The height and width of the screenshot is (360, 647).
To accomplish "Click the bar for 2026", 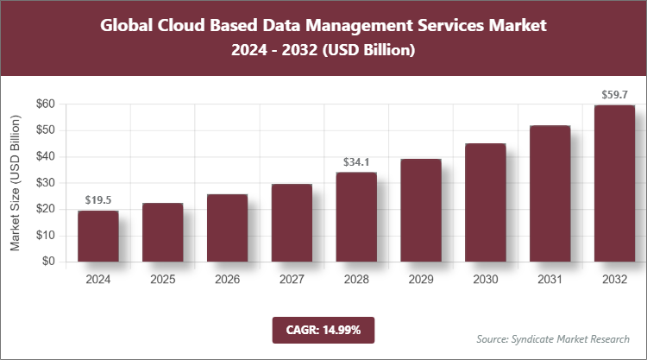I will [x=227, y=228].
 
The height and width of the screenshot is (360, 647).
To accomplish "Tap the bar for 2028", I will [x=356, y=217].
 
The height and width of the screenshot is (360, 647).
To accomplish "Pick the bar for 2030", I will [x=485, y=202].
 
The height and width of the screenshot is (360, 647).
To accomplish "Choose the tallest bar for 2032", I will [x=614, y=183].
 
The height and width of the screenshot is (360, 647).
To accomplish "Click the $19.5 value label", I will [x=97, y=200].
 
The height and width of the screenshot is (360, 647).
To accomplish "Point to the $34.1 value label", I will [x=356, y=161].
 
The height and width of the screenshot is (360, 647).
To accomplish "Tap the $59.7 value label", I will [x=614, y=94].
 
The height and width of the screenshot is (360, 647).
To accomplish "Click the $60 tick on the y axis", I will [x=45, y=104].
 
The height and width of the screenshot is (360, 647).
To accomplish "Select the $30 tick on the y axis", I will [x=45, y=183].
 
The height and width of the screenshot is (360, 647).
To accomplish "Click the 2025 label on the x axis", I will [x=162, y=280].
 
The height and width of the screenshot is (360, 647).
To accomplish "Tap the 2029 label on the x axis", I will [x=420, y=280].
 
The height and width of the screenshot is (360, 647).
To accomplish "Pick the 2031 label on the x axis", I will [x=550, y=280].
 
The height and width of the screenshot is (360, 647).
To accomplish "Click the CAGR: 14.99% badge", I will [x=323, y=330].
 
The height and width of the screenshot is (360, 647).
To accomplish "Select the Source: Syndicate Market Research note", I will [x=553, y=338].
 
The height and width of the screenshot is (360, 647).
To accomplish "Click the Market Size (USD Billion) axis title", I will [x=15, y=182].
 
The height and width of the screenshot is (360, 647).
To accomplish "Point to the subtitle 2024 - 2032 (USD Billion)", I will [x=323, y=51].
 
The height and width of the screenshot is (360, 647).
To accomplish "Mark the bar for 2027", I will [x=292, y=223].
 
